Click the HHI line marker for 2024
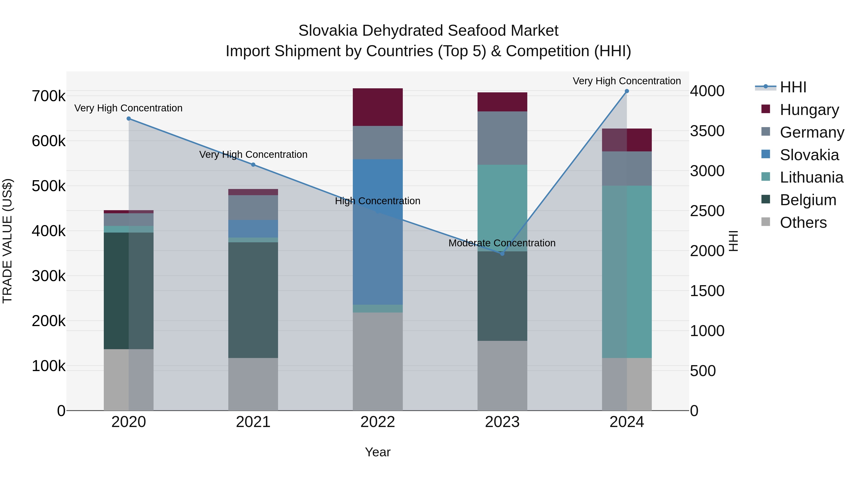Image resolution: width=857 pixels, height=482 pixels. tap(627, 91)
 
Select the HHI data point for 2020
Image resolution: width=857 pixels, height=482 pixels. tap(129, 119)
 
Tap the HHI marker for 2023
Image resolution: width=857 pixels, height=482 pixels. tap(502, 254)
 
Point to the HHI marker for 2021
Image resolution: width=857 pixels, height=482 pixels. tap(253, 165)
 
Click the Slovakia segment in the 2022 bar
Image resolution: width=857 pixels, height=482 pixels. tap(378, 232)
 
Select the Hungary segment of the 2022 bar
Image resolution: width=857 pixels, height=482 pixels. tap(378, 107)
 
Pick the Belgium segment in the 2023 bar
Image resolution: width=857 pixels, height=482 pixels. tap(502, 296)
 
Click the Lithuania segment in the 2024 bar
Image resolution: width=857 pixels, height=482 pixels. tap(627, 272)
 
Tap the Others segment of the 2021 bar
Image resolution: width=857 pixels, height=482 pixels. tap(253, 384)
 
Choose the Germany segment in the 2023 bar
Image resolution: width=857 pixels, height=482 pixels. tap(502, 138)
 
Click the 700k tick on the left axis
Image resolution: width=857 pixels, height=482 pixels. tap(49, 96)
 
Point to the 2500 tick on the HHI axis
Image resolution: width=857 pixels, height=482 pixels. tap(707, 211)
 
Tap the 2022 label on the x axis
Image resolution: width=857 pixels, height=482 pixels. tap(378, 422)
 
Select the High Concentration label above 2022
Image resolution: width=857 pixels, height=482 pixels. tap(378, 201)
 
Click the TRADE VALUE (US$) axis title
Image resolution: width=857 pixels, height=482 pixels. tap(7, 241)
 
